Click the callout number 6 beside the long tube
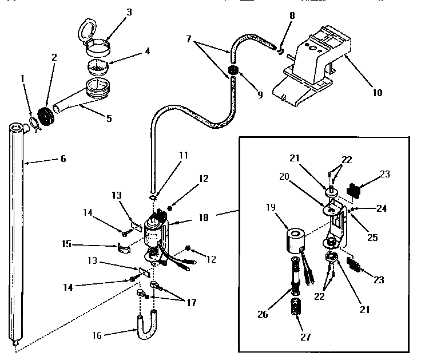pos(63,159)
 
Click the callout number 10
pos(377,92)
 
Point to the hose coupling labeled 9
pos(233,72)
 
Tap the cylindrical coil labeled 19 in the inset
pos(296,240)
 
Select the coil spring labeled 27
pos(296,306)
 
